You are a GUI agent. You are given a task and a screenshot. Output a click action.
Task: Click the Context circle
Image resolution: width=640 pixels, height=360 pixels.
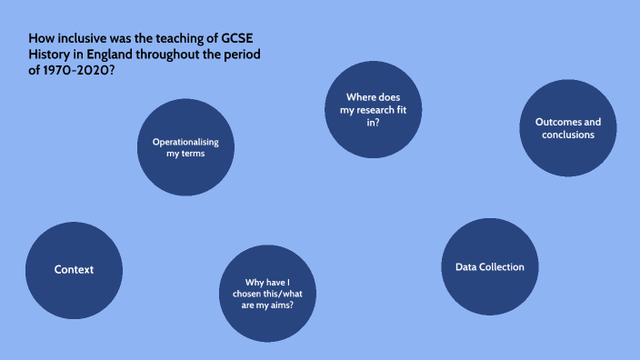(x=74, y=269)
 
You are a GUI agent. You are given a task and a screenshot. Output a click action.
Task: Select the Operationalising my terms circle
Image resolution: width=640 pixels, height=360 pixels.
(x=185, y=147)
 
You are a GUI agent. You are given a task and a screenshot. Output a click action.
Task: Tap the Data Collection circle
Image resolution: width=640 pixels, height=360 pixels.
(x=490, y=267)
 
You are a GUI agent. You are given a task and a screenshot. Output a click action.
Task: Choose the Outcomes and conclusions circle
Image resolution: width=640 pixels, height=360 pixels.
(x=567, y=128)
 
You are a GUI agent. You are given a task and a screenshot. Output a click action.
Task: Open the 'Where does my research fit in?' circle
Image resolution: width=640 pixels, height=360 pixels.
(x=374, y=109)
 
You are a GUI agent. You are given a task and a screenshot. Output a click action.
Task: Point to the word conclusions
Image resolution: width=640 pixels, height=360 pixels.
(x=568, y=135)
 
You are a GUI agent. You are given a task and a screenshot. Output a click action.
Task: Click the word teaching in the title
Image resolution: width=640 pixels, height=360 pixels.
(x=178, y=39)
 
